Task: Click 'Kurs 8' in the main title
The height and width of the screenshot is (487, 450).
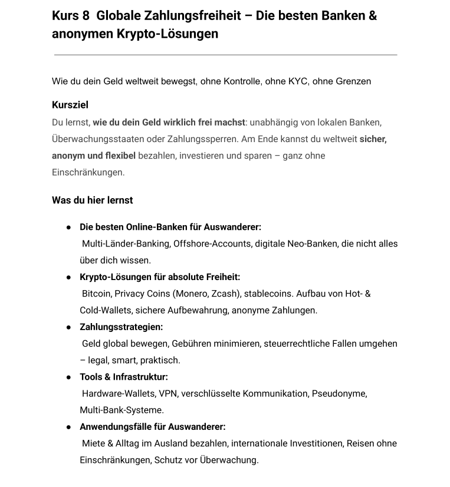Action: click(x=67, y=16)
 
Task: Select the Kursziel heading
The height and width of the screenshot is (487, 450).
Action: click(x=70, y=105)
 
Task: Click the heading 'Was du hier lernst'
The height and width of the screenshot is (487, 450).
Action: click(x=93, y=200)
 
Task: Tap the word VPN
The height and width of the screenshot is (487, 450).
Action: click(x=168, y=393)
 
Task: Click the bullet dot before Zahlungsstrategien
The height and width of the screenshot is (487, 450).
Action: click(x=69, y=327)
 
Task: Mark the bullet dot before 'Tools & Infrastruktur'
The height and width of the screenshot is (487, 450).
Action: click(x=69, y=377)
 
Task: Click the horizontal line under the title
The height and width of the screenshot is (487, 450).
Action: click(x=225, y=55)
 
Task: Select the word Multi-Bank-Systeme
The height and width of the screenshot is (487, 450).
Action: click(x=122, y=410)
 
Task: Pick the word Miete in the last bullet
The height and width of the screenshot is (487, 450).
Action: click(x=94, y=443)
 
